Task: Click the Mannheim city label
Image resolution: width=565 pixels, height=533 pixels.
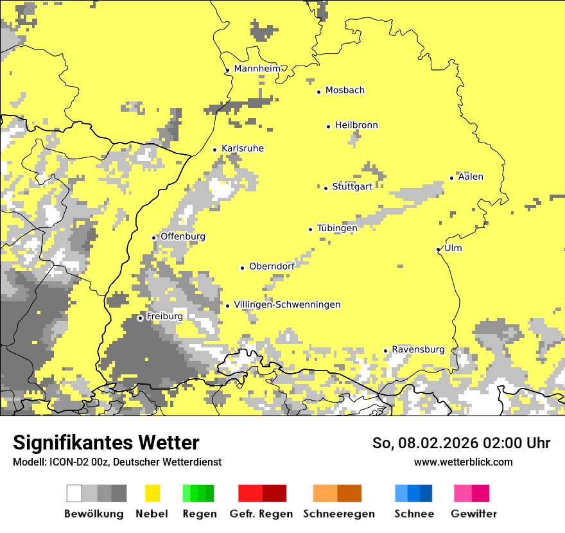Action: click(257, 69)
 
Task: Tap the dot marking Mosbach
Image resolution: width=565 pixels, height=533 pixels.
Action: click(318, 92)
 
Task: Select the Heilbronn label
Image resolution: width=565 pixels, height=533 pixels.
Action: click(356, 125)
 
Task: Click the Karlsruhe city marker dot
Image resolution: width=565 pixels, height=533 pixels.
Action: click(214, 150)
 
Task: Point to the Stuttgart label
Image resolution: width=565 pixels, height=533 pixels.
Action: click(352, 187)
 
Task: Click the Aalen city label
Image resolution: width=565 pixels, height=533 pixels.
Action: click(471, 177)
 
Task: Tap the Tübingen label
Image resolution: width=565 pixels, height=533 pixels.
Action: click(337, 228)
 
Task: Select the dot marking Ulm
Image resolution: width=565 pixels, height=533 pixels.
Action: click(438, 249)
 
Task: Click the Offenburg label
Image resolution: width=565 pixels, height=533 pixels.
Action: click(183, 236)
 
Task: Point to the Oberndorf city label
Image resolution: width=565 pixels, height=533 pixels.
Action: click(272, 266)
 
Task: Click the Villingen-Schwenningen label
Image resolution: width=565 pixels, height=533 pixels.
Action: click(287, 304)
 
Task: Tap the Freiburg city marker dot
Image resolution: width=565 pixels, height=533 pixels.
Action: click(140, 318)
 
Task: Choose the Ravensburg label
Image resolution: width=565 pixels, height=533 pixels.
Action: click(418, 349)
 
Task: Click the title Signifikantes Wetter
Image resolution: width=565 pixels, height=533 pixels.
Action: click(106, 442)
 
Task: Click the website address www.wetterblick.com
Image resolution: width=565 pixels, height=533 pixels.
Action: click(463, 462)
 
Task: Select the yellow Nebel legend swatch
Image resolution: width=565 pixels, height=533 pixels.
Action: click(153, 493)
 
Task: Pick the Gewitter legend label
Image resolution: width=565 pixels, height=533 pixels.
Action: click(474, 514)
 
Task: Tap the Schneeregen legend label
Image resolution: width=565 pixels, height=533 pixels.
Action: click(339, 514)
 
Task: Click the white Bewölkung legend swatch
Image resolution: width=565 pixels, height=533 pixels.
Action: click(74, 493)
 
